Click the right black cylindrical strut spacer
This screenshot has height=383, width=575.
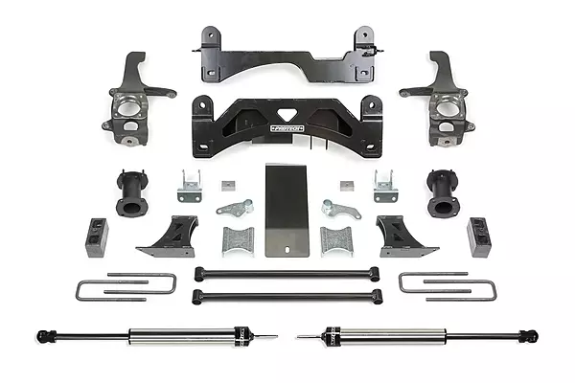tap(447, 196)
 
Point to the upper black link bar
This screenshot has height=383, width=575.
tap(287, 274)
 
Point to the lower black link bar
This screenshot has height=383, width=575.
tap(287, 294)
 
